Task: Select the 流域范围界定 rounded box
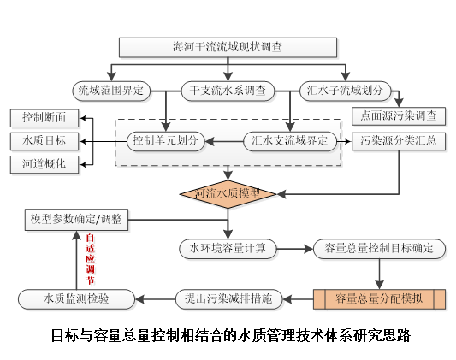coord(110,89)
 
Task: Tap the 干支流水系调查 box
coord(228,89)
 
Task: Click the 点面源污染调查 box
coord(400,115)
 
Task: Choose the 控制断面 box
coord(44,116)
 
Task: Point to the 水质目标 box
coord(44,139)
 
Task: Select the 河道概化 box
coord(44,162)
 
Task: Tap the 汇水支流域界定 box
coord(291,140)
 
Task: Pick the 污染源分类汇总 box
coord(400,140)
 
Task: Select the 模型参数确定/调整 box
coord(76,219)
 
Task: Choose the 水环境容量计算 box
coord(228,249)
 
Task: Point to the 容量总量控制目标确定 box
coord(379,249)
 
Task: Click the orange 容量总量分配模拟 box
coord(379,298)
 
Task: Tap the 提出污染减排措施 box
coord(228,298)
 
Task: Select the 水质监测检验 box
coord(76,298)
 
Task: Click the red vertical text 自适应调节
coord(91,257)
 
